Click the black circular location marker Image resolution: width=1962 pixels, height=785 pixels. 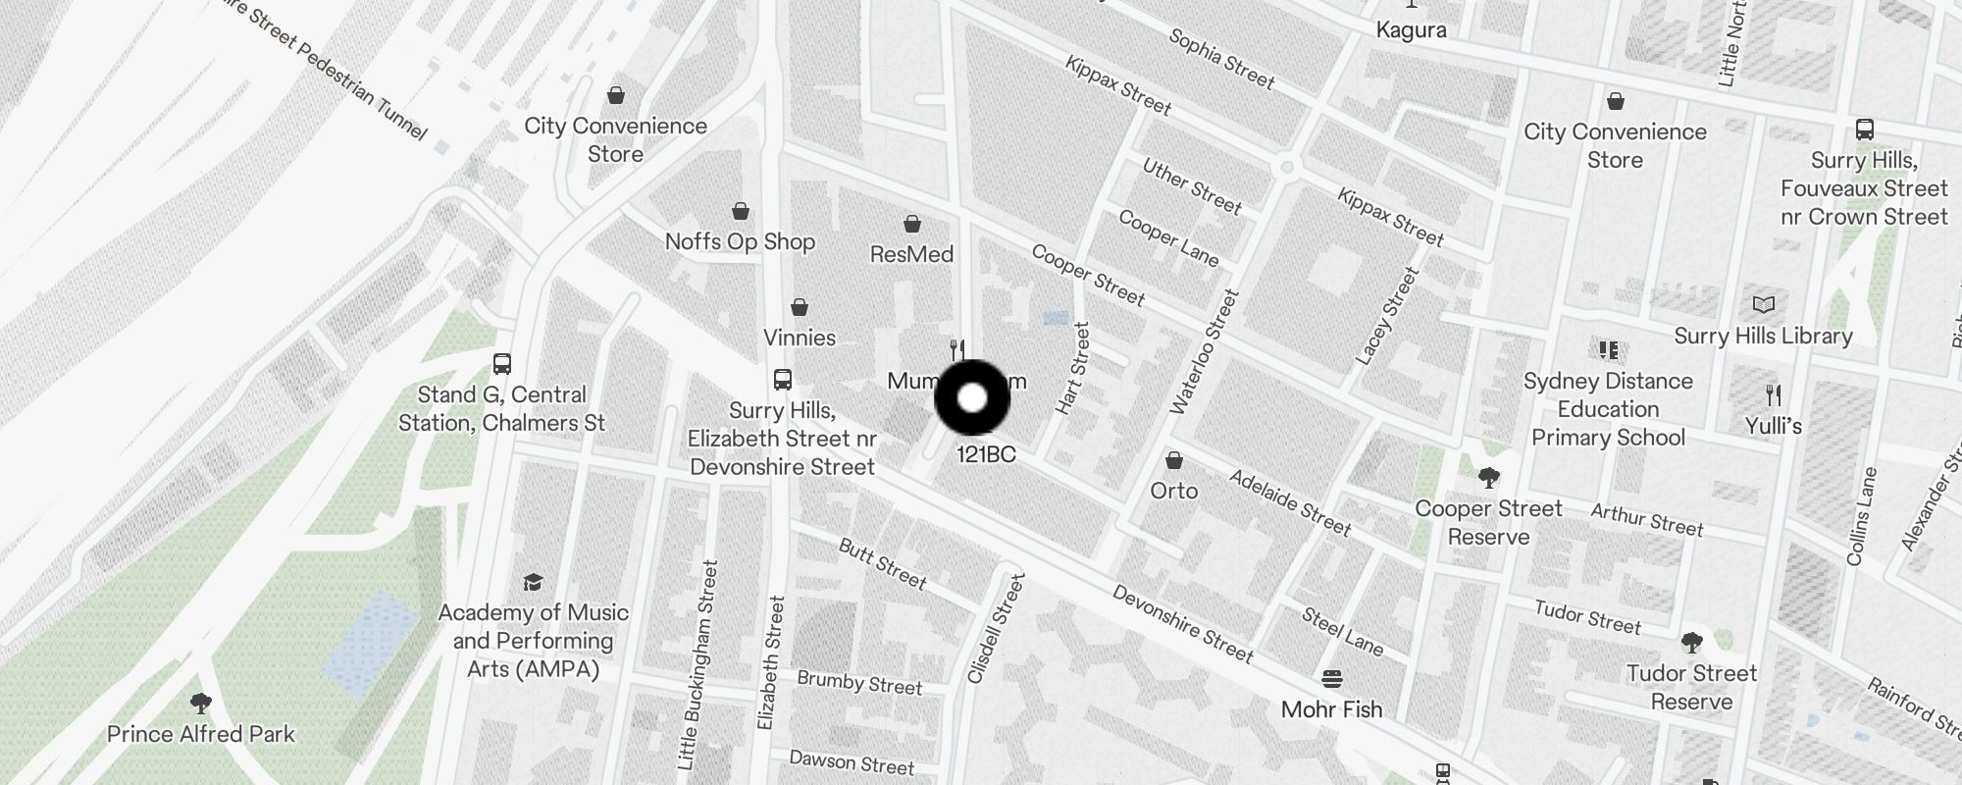coord(972,397)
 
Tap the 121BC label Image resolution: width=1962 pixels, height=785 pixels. coord(986,454)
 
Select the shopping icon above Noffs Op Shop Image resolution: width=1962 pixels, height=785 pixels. coord(741,211)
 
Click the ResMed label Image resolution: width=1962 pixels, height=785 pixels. coord(911,254)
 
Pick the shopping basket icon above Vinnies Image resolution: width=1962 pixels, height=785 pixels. coord(800,307)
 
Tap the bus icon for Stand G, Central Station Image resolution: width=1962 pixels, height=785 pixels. coord(502,364)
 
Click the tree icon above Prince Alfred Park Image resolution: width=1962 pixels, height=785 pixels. coord(201,703)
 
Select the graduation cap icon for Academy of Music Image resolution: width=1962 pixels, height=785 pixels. coord(533,582)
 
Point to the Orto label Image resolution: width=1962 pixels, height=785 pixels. coord(1174,490)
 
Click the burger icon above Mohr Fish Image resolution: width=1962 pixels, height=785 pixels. coord(1331,678)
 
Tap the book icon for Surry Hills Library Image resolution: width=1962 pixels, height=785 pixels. coord(1763,304)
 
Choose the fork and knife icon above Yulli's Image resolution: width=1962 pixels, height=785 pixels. coord(1773,395)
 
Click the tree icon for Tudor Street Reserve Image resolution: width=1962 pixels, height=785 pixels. coord(1691,643)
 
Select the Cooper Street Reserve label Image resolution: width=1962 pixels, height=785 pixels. coord(1488,522)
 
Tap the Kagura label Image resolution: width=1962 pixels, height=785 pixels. coord(1411,29)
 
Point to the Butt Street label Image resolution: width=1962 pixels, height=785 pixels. coord(882,563)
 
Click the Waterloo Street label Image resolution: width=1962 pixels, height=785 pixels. coord(1205,351)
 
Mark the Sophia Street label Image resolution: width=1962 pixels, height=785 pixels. coord(1221,59)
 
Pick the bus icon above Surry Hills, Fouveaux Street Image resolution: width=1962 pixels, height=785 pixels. coord(1864,130)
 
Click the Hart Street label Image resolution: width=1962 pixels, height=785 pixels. coord(1073,368)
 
